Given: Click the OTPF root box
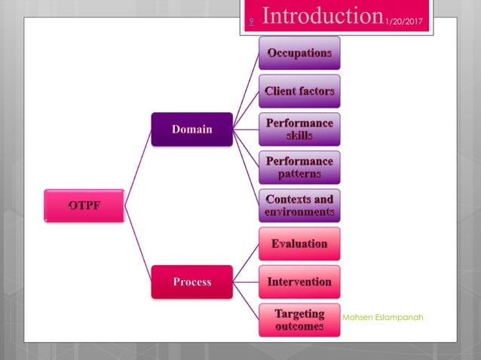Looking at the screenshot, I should [83, 205].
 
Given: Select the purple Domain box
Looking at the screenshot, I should [191, 129].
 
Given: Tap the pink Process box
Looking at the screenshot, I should [191, 282].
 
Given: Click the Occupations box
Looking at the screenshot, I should [299, 53].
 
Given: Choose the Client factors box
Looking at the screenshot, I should [299, 91].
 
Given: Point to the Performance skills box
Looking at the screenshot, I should [299, 129].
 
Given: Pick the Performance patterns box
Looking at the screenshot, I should [299, 167].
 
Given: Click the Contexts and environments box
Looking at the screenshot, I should [299, 206].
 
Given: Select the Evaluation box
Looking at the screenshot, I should [299, 243].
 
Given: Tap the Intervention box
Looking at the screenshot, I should [299, 282].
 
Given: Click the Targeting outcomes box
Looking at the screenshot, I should [299, 319].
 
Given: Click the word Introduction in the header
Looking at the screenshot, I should [322, 17].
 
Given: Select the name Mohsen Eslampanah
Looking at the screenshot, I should [382, 317].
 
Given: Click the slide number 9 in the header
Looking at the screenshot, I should [252, 23].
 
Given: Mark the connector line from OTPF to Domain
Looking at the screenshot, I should [137, 166].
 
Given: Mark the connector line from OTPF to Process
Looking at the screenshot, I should [137, 243].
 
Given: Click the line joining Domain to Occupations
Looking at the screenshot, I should [246, 90].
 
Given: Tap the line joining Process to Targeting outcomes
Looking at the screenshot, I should [246, 301].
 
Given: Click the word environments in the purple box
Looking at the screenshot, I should [299, 212].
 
